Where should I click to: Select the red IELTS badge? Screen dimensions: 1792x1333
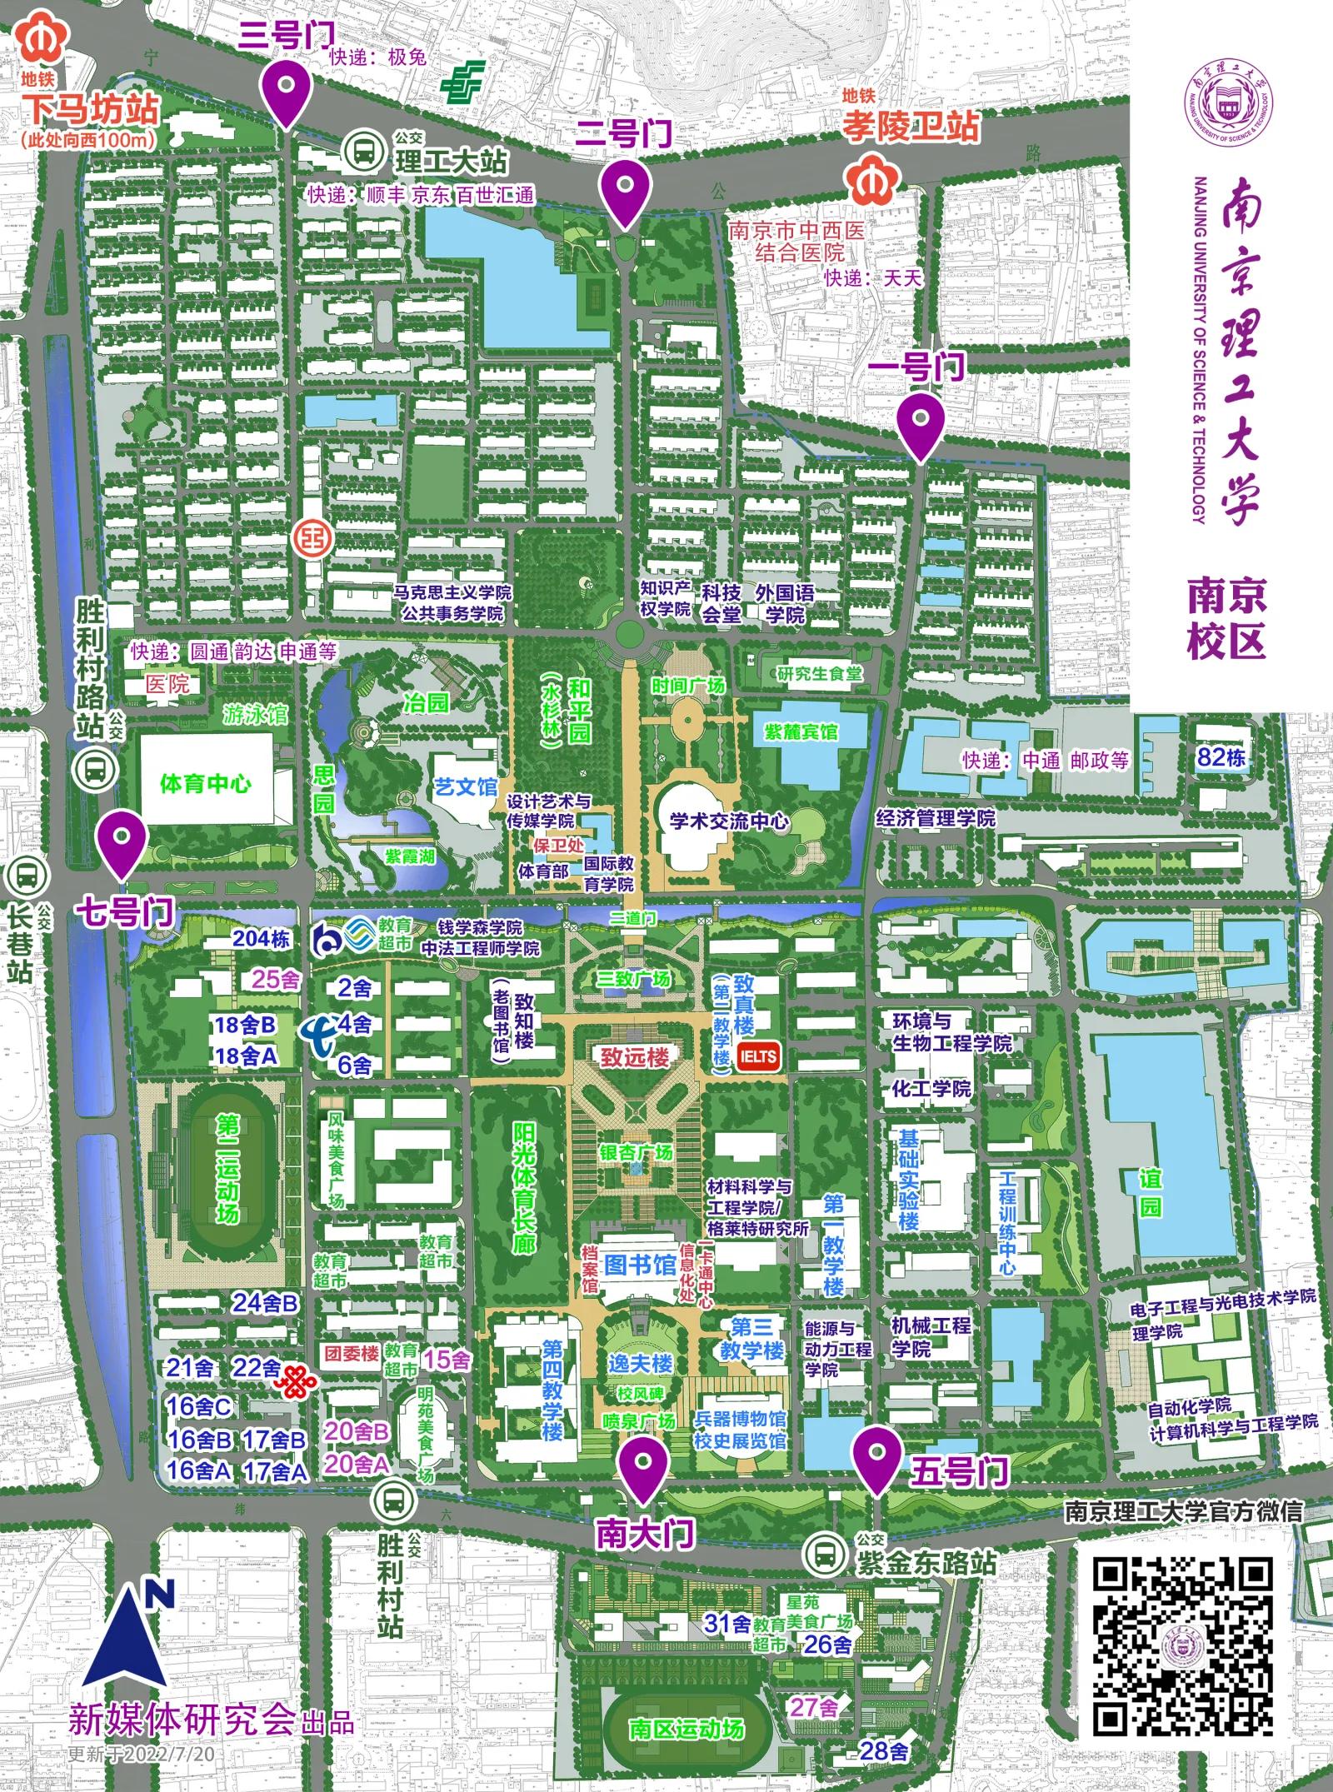click(x=757, y=1057)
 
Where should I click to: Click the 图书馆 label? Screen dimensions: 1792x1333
click(x=640, y=1265)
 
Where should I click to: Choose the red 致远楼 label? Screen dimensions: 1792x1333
click(x=636, y=1057)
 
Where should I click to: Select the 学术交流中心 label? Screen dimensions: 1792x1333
click(x=729, y=821)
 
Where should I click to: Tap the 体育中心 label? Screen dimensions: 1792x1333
click(x=206, y=783)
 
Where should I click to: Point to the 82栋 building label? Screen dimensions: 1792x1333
click(x=1221, y=757)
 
